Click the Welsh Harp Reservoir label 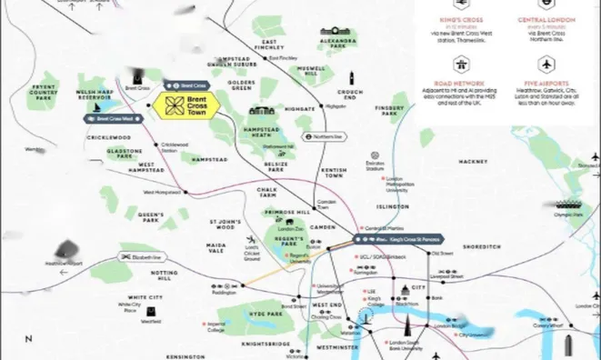[x=97, y=95]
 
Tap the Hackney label [x=473, y=162]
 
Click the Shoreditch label [x=482, y=246]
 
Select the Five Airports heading [x=546, y=83]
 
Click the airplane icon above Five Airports [x=546, y=65]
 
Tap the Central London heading [x=546, y=20]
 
